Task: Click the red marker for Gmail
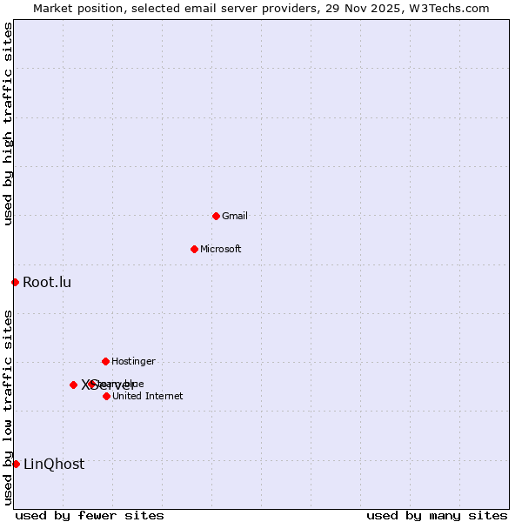(x=216, y=216)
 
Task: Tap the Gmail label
(x=235, y=216)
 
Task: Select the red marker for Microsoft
(x=194, y=249)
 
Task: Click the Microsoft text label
(x=220, y=249)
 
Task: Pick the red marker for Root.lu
(x=15, y=282)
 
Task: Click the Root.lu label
(x=47, y=282)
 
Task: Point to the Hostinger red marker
(x=105, y=361)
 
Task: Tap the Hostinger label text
(x=133, y=361)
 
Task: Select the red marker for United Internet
(x=106, y=396)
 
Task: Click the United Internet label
(x=147, y=396)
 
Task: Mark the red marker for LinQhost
(x=16, y=464)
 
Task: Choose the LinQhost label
(x=54, y=464)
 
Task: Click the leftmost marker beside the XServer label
(x=73, y=385)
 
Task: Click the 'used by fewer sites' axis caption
(x=90, y=515)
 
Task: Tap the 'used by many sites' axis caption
(x=437, y=515)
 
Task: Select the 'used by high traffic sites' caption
(x=8, y=124)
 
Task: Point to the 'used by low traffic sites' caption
(x=8, y=407)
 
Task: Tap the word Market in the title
(x=51, y=9)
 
